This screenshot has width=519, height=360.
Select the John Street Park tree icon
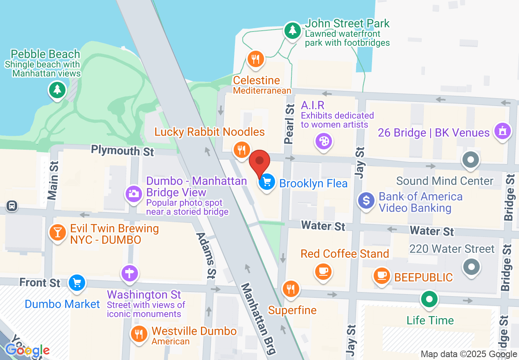click(x=292, y=30)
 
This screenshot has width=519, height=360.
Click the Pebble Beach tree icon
click(x=57, y=89)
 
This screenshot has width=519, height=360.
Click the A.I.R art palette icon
click(x=323, y=142)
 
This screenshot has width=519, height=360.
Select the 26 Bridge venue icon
click(x=501, y=131)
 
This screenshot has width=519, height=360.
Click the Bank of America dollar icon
click(x=366, y=200)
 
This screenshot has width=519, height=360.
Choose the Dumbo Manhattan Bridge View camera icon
click(x=133, y=193)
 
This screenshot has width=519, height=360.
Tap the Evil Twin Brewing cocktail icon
click(x=58, y=232)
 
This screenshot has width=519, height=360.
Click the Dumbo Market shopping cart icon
click(x=77, y=282)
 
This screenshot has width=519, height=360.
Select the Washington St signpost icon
click(x=130, y=273)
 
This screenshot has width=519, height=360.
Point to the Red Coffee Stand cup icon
click(x=323, y=270)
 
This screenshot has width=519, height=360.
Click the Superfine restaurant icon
click(x=291, y=289)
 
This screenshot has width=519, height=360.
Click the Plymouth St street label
click(x=122, y=151)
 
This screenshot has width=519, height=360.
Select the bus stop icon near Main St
click(x=12, y=206)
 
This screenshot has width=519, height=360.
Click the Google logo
click(x=27, y=350)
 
